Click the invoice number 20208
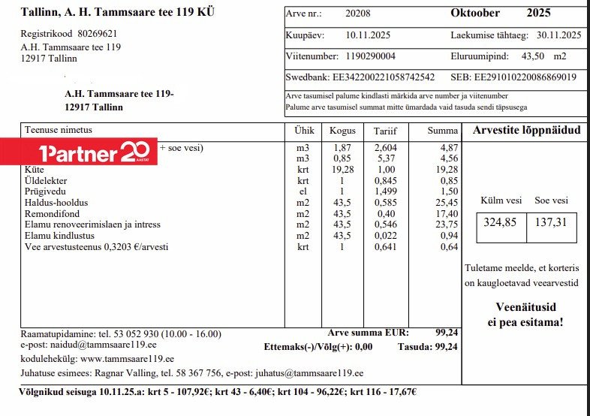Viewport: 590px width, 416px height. coord(357,14)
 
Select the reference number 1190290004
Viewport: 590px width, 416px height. coord(371,56)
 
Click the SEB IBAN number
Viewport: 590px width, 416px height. coord(525,77)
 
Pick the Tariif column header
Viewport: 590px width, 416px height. coord(384,131)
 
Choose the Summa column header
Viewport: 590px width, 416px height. coord(442,131)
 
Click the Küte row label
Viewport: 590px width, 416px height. coord(35,170)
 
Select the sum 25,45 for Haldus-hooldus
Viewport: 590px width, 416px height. coord(447,203)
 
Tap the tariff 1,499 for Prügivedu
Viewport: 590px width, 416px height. coord(386,192)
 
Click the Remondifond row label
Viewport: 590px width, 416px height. coord(52,214)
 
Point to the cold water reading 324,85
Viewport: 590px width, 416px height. coord(501,222)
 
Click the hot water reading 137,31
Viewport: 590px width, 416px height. coord(552,222)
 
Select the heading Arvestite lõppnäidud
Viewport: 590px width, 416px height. coord(526,131)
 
